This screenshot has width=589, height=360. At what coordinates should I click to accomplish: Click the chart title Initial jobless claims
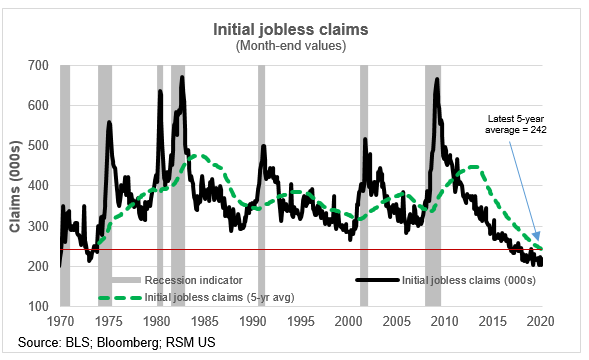[x=294, y=30]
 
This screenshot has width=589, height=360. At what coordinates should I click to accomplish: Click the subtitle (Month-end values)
[x=294, y=46]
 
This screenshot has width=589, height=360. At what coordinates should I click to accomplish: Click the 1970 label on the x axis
[x=61, y=322]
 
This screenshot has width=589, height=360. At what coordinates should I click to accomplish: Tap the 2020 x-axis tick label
[x=541, y=322]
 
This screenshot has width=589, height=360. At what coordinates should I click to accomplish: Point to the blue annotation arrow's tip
[x=541, y=242]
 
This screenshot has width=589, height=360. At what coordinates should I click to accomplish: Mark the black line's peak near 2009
[x=436, y=79]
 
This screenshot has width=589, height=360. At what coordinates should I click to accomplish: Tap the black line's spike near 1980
[x=160, y=92]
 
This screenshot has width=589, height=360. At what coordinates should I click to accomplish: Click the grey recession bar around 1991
[x=262, y=185]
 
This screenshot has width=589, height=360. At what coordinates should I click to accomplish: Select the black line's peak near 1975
[x=108, y=123]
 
